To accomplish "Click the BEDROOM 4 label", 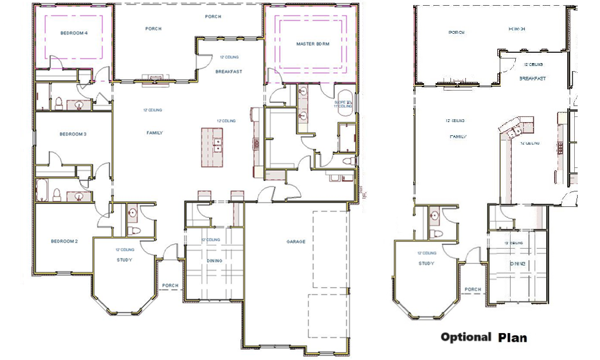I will (x=74, y=33).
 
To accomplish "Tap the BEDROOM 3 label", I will (x=73, y=135).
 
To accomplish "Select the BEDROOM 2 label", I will (x=64, y=241).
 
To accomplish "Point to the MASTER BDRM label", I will (x=312, y=44).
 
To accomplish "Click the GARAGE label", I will (x=296, y=242).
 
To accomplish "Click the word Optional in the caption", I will (x=465, y=337).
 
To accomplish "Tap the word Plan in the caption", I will (x=512, y=338).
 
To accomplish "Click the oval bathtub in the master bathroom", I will (x=344, y=103).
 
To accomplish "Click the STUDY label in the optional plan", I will (x=426, y=264).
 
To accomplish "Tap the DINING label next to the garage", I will (x=214, y=261).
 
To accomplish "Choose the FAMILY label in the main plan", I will (x=155, y=133).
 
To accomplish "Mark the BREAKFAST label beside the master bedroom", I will (x=229, y=72).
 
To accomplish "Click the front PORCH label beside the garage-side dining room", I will (x=170, y=285).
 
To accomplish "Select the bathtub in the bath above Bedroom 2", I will (x=43, y=191).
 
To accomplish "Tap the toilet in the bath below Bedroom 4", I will (x=58, y=103).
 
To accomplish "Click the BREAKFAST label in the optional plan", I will (x=532, y=79).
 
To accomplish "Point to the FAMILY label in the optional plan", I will (x=458, y=137).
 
